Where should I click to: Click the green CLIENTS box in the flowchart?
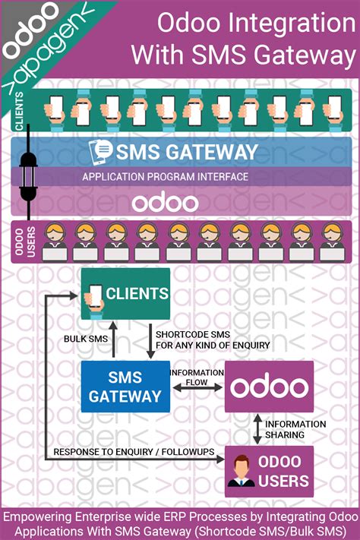tap(125, 294)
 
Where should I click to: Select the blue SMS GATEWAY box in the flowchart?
tap(125, 386)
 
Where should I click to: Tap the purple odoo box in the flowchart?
tap(268, 387)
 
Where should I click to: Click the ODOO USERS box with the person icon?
tap(268, 470)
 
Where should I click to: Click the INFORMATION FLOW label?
tap(197, 377)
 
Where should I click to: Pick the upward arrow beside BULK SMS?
tap(113, 343)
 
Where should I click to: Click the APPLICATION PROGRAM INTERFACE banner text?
tap(165, 177)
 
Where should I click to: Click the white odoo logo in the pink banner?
tap(165, 202)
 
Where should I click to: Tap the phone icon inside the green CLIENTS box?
tap(96, 294)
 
